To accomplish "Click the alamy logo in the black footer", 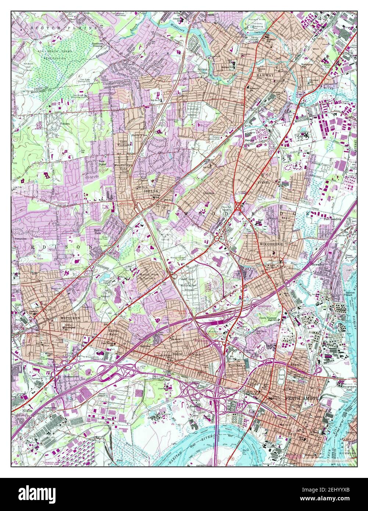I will (37, 493).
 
